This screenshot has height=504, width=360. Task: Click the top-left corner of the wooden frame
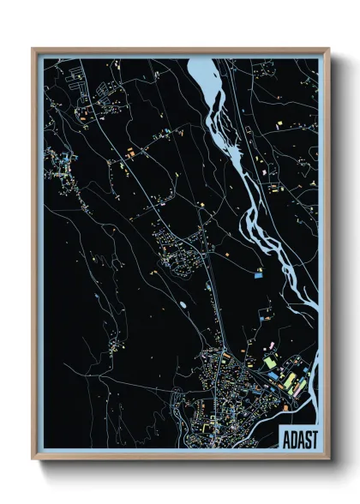33,50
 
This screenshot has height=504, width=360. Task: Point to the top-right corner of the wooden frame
328,50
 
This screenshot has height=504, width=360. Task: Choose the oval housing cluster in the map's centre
172,244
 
